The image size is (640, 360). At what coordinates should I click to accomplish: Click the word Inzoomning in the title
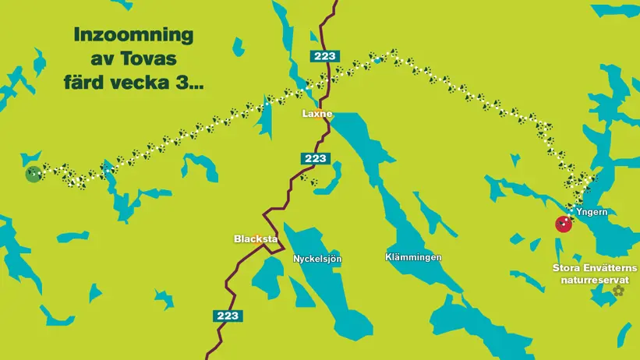tap(133, 36)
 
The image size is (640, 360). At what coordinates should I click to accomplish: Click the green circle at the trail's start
tap(33, 174)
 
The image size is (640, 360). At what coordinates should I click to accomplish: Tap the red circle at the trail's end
tap(563, 224)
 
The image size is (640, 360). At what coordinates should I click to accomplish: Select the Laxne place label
tap(317, 114)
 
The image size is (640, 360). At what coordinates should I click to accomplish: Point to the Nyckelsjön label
tap(317, 259)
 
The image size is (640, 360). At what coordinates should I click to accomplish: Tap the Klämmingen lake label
tap(413, 257)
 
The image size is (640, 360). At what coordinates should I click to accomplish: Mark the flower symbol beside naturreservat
tap(618, 291)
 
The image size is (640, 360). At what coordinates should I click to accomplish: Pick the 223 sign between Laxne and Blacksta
tap(315, 158)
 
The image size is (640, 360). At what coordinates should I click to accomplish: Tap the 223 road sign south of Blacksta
tap(227, 316)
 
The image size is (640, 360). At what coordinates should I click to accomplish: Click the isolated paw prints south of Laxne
tap(309, 180)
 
